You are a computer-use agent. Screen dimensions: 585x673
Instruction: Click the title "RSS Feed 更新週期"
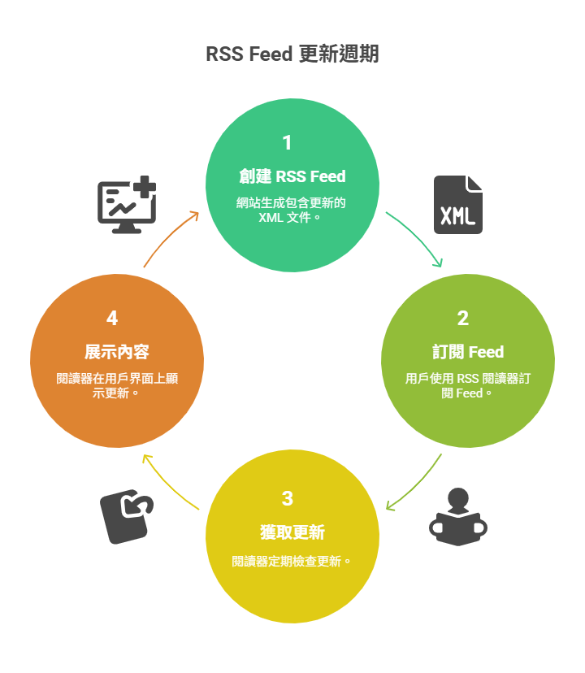tap(292, 54)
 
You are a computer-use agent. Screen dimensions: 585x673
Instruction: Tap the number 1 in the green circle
tap(287, 143)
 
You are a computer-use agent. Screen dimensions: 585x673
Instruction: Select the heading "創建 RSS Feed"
tap(292, 176)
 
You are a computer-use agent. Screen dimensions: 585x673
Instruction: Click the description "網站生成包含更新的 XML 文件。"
tap(292, 210)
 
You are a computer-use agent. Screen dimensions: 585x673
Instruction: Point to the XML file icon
tap(457, 205)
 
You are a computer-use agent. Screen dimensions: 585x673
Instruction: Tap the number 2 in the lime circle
tap(463, 319)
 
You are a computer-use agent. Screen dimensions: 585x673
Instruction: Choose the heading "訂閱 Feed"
tap(468, 352)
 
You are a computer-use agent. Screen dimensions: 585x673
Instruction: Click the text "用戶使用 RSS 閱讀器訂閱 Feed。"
tap(468, 385)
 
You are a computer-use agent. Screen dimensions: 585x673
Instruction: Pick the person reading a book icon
tap(457, 517)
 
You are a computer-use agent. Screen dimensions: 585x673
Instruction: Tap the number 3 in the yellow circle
tap(287, 498)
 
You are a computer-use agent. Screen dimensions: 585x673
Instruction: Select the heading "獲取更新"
tap(292, 532)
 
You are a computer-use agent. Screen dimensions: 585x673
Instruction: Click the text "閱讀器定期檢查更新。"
tap(292, 561)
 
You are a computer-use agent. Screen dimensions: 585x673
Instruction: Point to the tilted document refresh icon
tap(127, 517)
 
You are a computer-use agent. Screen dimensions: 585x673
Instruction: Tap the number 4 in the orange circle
tap(112, 319)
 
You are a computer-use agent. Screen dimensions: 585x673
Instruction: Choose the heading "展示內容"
tap(117, 352)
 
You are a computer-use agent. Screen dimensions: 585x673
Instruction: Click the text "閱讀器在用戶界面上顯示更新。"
tap(117, 385)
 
